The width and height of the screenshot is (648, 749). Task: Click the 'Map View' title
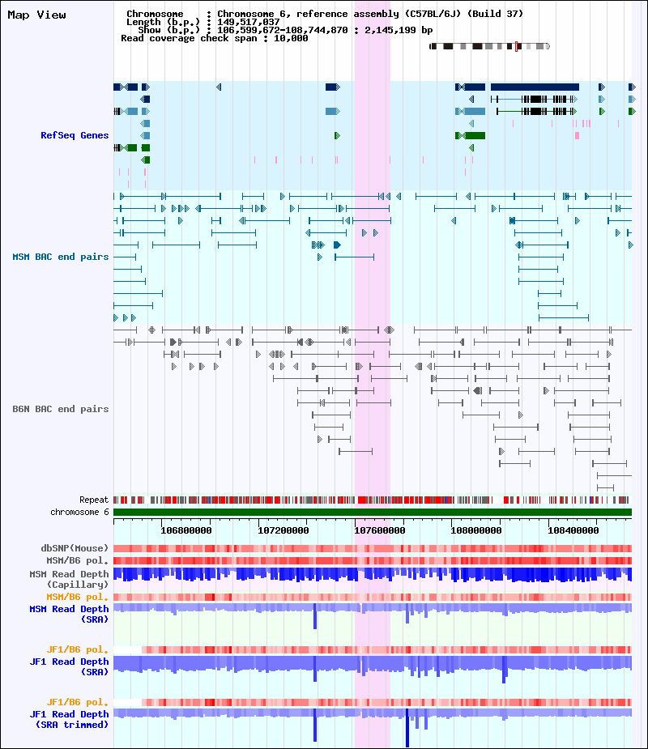pyautogui.click(x=36, y=15)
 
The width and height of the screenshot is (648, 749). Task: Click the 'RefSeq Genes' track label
pyautogui.click(x=75, y=135)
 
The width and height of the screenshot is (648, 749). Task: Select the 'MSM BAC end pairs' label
pyautogui.click(x=61, y=257)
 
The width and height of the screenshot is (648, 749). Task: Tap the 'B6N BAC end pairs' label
pyautogui.click(x=61, y=409)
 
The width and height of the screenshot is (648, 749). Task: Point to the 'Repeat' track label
pyautogui.click(x=94, y=500)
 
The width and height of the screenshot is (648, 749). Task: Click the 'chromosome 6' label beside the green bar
pyautogui.click(x=80, y=512)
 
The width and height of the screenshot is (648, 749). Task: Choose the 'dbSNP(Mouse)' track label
pyautogui.click(x=75, y=548)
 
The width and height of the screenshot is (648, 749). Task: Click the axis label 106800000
pyautogui.click(x=185, y=530)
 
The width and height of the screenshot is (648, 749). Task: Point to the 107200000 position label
pyautogui.click(x=283, y=530)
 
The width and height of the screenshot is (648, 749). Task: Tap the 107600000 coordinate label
pyautogui.click(x=380, y=530)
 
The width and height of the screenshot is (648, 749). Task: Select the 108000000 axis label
pyautogui.click(x=476, y=530)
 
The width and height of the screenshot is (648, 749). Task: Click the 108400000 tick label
pyautogui.click(x=573, y=530)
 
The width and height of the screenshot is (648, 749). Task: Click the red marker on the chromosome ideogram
pyautogui.click(x=516, y=46)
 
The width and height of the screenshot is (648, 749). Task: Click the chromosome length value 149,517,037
pyautogui.click(x=249, y=22)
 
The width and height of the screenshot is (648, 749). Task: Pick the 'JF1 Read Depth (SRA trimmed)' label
pyautogui.click(x=70, y=719)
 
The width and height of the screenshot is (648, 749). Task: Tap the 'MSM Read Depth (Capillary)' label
pyautogui.click(x=70, y=579)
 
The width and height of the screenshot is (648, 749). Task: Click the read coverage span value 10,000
pyautogui.click(x=291, y=38)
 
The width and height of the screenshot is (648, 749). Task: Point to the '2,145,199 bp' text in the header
pyautogui.click(x=399, y=30)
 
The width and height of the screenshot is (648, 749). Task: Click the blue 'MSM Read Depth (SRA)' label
pyautogui.click(x=70, y=614)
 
